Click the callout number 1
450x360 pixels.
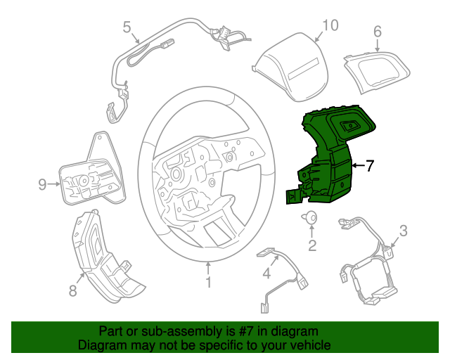pos(208,283)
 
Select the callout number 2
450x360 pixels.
pos(311,245)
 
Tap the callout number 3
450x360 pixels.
pos(403,230)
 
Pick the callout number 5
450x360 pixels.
pos(127,27)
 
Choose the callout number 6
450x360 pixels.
pos(377,32)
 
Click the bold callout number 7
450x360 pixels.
pos(370,166)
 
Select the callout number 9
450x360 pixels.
pos(42,185)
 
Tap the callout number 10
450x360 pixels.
pos(330,25)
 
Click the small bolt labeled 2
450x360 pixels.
pos(309,218)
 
